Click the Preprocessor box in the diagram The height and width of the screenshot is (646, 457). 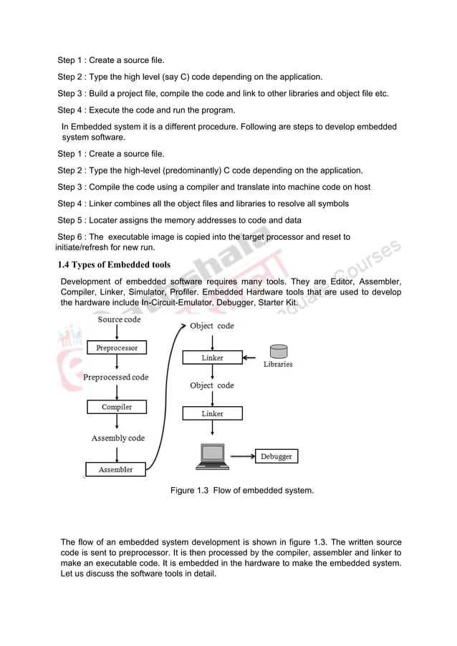tap(117, 348)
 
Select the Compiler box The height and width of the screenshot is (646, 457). tap(117, 407)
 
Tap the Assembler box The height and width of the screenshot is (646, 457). tap(115, 470)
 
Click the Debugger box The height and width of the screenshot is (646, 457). tap(276, 456)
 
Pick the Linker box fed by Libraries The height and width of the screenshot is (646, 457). tap(212, 357)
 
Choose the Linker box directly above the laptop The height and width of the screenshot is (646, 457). tap(212, 413)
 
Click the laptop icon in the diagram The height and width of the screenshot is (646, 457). tap(212, 457)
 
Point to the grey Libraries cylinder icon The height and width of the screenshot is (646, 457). tap(278, 352)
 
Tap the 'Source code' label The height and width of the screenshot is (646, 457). tap(119, 319)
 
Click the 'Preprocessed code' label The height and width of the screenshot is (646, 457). tap(116, 377)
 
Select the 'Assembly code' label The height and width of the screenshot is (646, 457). tap(117, 438)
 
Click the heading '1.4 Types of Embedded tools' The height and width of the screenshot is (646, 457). tap(114, 265)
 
